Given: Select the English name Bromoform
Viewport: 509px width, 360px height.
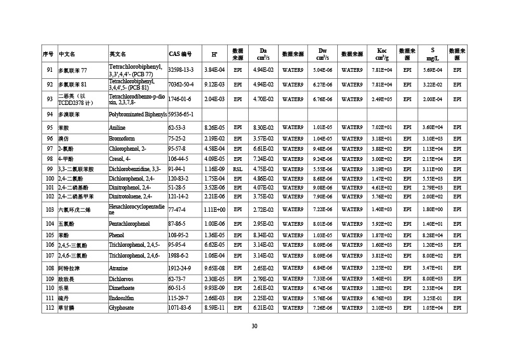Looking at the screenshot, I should pos(123,138).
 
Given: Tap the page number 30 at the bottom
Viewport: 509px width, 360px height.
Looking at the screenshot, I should pos(254,326).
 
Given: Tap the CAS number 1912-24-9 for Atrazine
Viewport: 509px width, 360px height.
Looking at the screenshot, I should pos(181,268).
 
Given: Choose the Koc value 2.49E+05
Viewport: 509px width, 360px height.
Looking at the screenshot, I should pos(382,99).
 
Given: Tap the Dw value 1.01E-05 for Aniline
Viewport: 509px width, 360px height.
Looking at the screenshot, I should pos(323,128).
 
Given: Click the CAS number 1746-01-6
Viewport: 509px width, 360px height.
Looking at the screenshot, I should pos(180,99).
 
